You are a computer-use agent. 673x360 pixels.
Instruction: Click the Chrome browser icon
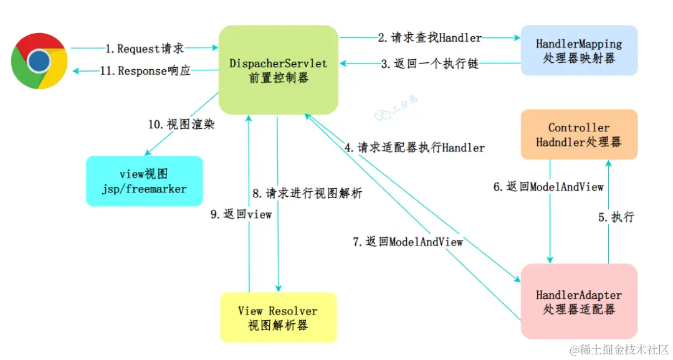pos(39,60)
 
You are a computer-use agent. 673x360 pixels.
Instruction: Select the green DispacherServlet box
pos(278,70)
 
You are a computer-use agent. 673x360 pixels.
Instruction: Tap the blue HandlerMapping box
pos(579,50)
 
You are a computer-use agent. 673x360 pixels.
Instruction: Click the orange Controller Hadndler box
pos(579,135)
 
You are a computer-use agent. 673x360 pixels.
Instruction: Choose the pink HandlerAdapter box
pos(579,301)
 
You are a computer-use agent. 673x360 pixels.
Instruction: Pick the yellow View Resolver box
pos(278,318)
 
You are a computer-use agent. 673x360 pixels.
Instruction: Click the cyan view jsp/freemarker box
pos(144,181)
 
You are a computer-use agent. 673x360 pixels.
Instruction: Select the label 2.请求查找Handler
pos(430,38)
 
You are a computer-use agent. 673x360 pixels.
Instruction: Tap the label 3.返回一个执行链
pos(430,64)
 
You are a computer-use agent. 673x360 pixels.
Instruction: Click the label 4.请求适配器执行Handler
pos(414,148)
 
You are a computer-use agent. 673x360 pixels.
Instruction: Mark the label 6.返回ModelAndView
pos(548,186)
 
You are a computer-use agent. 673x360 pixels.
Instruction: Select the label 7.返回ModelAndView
pos(408,242)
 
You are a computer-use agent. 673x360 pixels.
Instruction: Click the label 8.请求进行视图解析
pos(307,193)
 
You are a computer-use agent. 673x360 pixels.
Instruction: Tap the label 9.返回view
pos(241,214)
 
